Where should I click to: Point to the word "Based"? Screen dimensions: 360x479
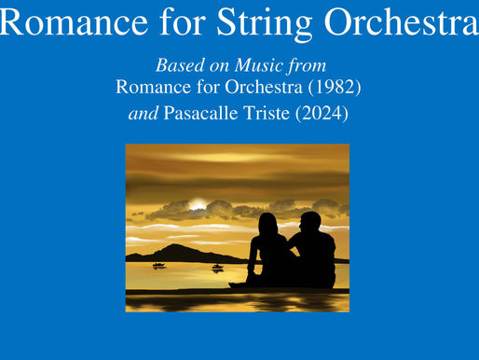[175, 68]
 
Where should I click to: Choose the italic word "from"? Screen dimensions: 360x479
[305, 68]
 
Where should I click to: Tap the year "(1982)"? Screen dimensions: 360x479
[327, 89]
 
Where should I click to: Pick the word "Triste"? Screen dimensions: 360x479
[263, 116]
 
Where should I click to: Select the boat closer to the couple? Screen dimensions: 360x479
[217, 267]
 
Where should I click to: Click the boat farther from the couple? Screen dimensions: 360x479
[158, 265]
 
